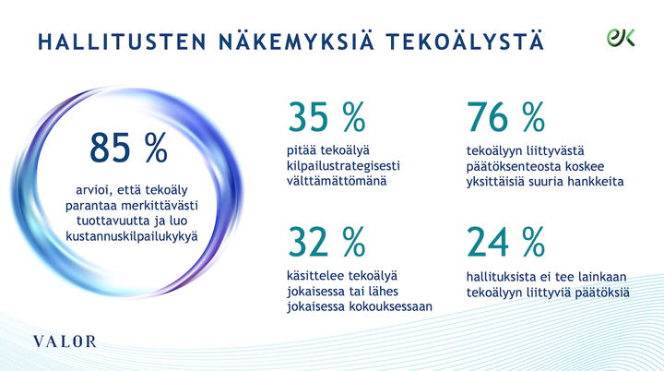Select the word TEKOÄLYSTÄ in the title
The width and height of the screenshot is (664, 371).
[x=465, y=42]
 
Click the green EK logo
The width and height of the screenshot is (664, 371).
[x=620, y=37]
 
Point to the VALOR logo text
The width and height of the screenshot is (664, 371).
[x=65, y=341]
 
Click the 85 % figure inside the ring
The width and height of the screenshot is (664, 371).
[x=129, y=147]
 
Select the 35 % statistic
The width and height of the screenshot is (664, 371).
[x=326, y=117]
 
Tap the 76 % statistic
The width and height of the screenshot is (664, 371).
[x=506, y=117]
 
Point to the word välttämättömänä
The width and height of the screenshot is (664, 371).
[x=330, y=181]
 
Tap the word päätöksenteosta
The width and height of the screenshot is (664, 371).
[x=515, y=166]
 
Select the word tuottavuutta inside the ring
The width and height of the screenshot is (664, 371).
[x=105, y=221]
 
